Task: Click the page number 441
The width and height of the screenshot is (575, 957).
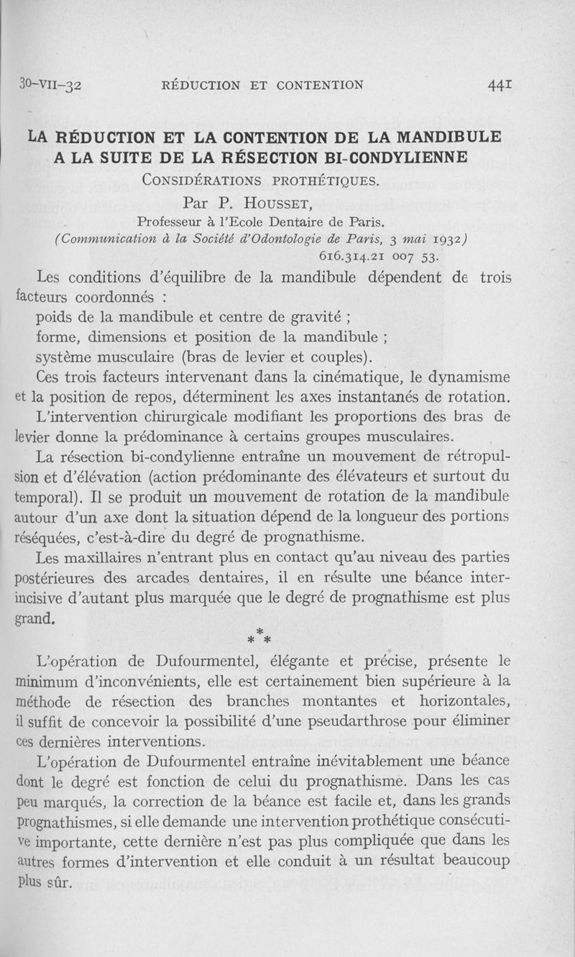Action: (x=499, y=85)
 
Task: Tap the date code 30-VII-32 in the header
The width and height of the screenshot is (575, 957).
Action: (x=52, y=85)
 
